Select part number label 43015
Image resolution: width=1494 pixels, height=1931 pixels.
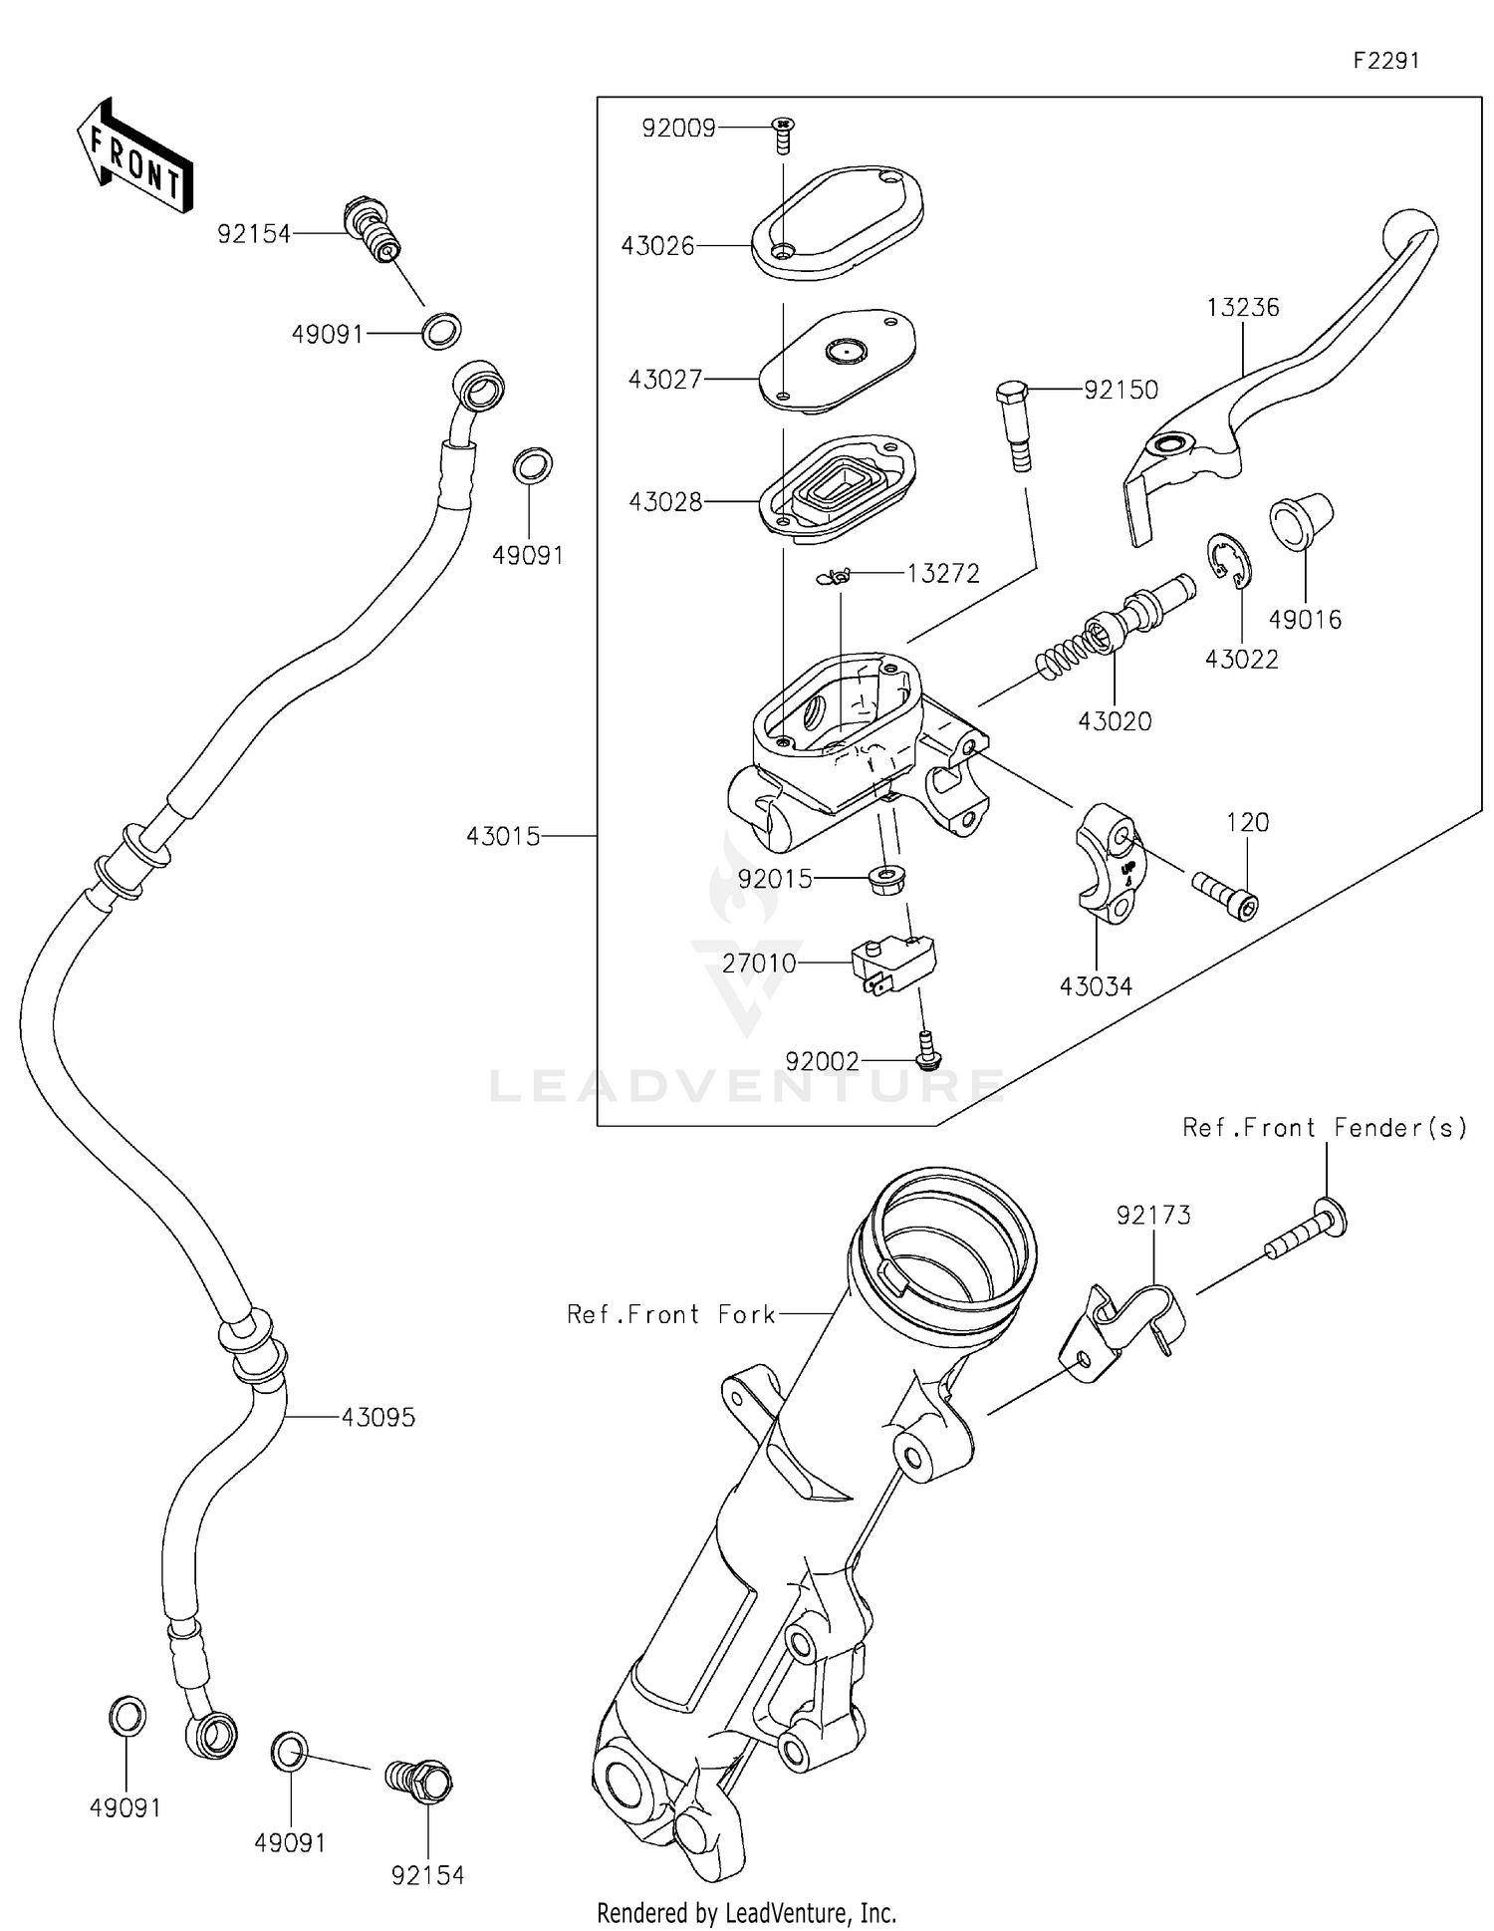pos(504,837)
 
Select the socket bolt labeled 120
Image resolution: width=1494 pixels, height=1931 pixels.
pos(1226,894)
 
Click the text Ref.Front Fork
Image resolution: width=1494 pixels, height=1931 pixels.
pos(670,1314)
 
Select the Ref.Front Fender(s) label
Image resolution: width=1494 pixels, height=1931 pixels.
pos(1325,1127)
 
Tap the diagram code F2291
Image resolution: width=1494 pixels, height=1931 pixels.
pos(1385,61)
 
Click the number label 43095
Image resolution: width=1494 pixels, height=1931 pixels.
pos(378,1417)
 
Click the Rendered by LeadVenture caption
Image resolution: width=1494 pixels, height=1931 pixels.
pos(746,1912)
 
